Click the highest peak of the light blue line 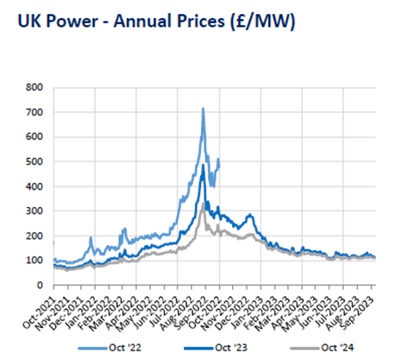click(203, 108)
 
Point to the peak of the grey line click(204, 204)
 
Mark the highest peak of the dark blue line click(204, 164)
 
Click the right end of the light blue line click(219, 160)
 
